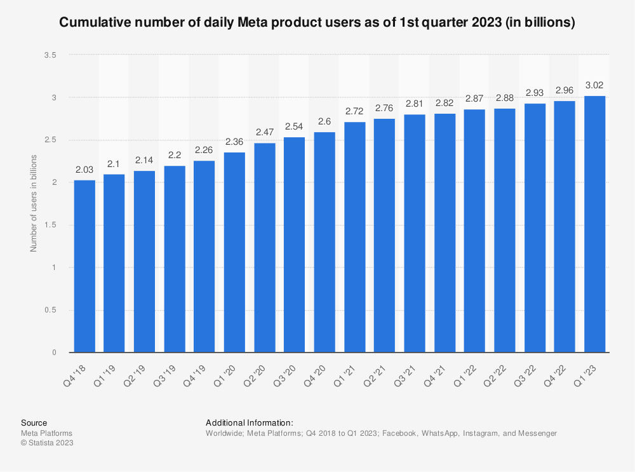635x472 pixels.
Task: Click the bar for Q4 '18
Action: [84, 266]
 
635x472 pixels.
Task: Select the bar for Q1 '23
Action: [595, 224]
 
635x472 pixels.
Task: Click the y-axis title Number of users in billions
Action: [34, 203]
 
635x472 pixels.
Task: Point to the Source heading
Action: [34, 422]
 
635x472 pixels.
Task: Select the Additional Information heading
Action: [249, 422]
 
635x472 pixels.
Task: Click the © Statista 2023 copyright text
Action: [48, 443]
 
